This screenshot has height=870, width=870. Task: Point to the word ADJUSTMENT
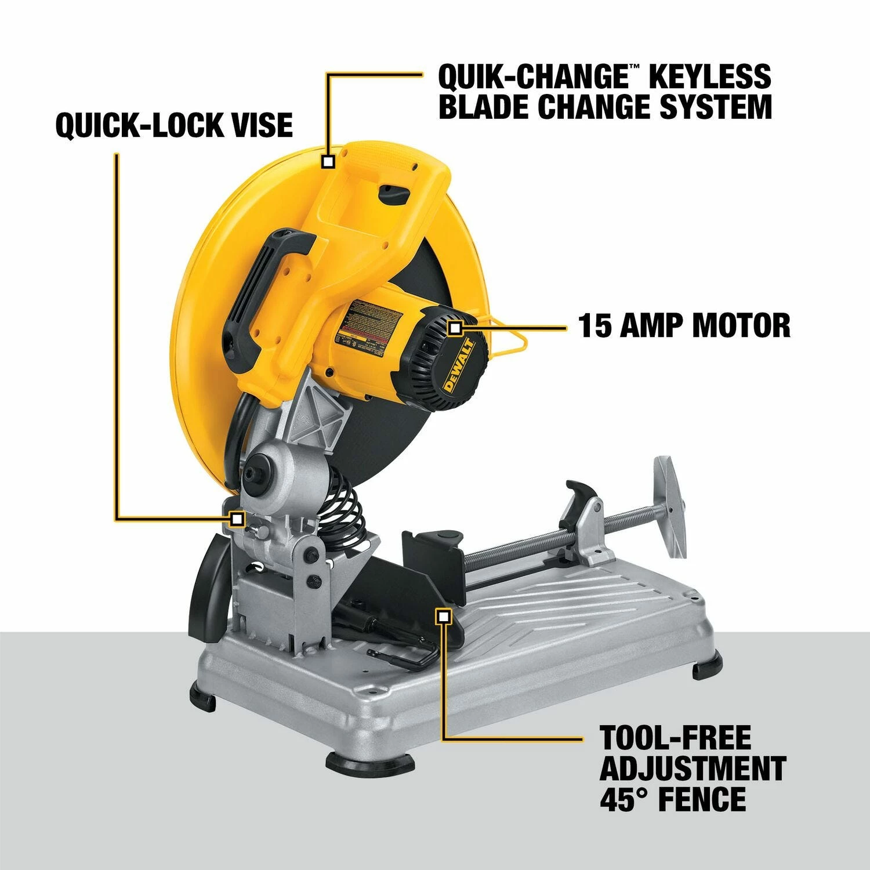tap(693, 768)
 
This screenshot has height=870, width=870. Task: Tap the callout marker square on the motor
tap(456, 329)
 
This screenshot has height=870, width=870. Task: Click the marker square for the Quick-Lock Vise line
tap(236, 518)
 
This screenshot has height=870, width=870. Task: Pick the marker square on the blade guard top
tap(329, 161)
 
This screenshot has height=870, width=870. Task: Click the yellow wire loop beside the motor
tap(510, 336)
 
